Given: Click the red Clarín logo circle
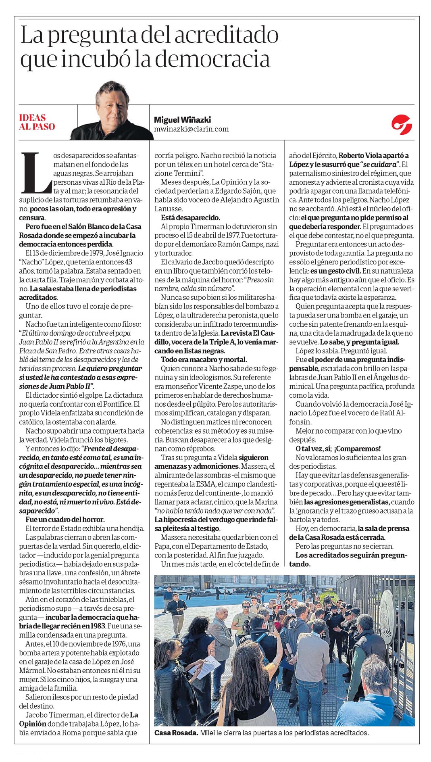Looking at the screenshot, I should tap(401, 122).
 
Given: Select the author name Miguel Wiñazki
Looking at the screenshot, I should tap(182, 120).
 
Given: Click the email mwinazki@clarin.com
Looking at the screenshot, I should tap(191, 129).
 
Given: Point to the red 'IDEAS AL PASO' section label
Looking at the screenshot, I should tap(37, 122).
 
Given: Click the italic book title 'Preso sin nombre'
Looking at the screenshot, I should tap(254, 280).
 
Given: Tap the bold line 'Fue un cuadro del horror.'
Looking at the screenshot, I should tap(65, 520).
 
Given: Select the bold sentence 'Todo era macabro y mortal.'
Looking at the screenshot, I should tap(204, 359).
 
